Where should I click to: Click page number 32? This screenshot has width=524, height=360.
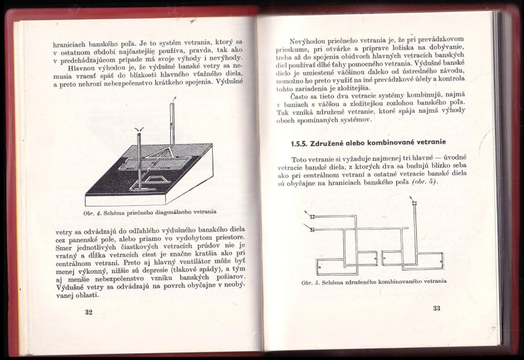(x=88, y=312)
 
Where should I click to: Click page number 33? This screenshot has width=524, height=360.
(x=436, y=308)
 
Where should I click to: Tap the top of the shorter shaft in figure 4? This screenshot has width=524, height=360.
(x=139, y=131)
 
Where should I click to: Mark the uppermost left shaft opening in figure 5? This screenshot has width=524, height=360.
(x=312, y=217)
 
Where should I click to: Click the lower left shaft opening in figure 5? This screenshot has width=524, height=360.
(x=312, y=229)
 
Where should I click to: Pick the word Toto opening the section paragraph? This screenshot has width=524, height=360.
(x=300, y=160)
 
